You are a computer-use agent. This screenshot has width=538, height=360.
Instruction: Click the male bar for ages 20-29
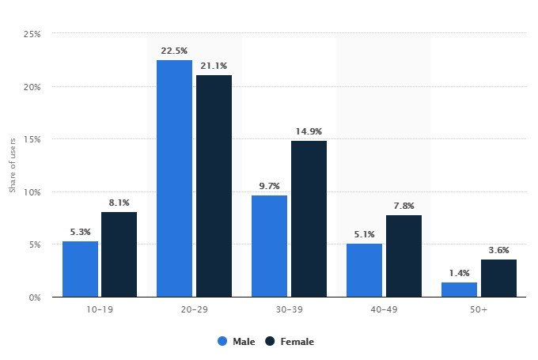[174, 178]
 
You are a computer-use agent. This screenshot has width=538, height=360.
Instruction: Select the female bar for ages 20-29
[214, 186]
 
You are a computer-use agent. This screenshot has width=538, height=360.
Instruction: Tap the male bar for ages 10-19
[80, 269]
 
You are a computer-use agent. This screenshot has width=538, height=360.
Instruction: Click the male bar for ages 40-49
[364, 270]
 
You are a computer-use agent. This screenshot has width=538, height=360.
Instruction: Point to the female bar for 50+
[498, 279]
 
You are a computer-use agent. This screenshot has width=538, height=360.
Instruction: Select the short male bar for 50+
[459, 290]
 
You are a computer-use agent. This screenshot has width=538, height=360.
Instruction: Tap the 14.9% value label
[309, 131]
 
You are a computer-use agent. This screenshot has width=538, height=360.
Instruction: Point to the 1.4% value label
[459, 272]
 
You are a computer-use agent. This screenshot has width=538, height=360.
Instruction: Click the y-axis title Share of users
[13, 165]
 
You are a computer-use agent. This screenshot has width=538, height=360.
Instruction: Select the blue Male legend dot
[222, 342]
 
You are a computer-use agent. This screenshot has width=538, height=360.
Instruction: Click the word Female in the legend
[297, 342]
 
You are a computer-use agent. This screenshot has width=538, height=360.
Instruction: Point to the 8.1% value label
[119, 202]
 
